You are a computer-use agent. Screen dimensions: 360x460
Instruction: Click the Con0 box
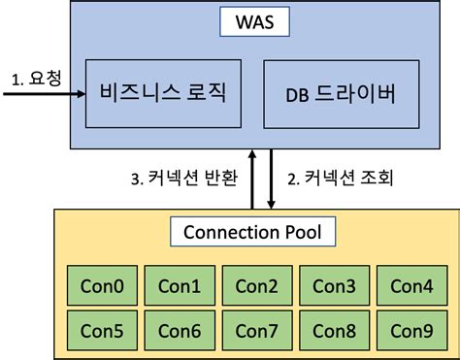102,286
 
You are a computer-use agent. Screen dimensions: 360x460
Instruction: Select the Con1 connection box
178,286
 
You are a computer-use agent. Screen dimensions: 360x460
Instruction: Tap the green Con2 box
256,286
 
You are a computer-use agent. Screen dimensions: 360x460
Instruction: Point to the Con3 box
333,286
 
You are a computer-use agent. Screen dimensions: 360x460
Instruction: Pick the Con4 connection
411,286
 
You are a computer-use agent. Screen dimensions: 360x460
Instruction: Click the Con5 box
102,330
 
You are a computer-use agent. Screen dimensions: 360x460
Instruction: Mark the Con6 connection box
178,330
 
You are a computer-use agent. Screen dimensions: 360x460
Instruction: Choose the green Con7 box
256,330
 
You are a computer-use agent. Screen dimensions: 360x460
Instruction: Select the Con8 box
333,330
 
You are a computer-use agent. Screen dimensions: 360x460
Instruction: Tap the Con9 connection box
411,330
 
